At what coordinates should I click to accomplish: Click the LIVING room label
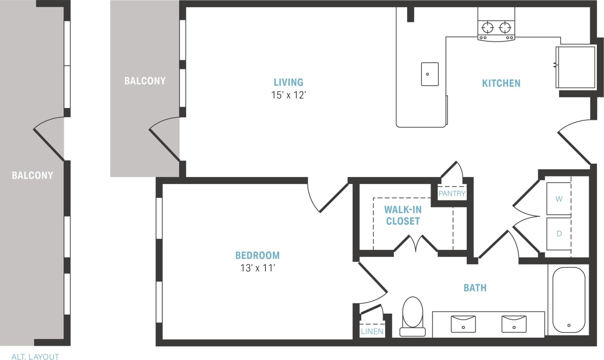[288, 82]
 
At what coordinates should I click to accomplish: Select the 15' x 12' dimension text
[288, 95]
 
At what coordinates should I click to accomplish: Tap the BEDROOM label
[257, 255]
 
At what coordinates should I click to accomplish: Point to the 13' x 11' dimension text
[257, 269]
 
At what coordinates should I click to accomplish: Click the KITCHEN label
[501, 83]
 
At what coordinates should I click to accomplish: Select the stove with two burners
[496, 30]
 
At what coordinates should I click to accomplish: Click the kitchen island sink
[430, 74]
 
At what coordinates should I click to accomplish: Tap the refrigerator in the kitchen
[575, 67]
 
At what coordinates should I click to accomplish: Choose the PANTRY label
[452, 194]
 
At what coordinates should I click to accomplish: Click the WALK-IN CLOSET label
[402, 215]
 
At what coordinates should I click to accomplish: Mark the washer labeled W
[559, 199]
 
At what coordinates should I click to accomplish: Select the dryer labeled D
[559, 234]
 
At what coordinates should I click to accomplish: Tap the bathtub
[568, 299]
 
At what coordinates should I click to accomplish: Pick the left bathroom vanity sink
[463, 323]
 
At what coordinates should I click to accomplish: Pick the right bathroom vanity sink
[514, 323]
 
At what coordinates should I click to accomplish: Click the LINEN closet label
[372, 331]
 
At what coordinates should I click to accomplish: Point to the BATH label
[474, 288]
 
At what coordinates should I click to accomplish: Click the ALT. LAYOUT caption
[35, 357]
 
